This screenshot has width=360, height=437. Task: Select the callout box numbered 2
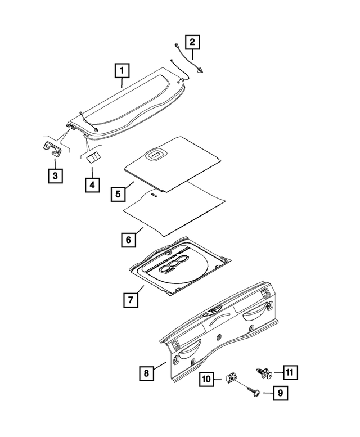[192, 42]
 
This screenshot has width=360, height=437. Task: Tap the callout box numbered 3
[55, 176]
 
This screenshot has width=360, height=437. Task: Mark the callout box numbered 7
[129, 300]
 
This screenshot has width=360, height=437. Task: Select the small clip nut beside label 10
[231, 377]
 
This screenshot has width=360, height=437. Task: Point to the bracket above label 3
[53, 149]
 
